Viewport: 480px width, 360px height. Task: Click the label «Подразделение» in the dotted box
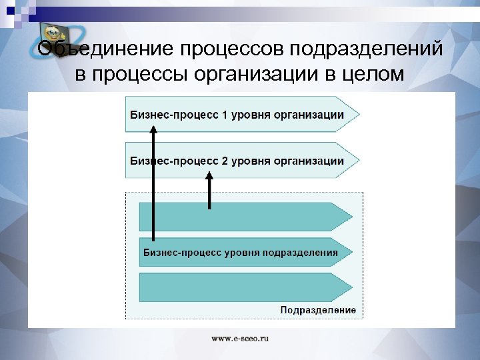click(x=318, y=310)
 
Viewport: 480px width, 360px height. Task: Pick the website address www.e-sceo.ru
click(x=240, y=339)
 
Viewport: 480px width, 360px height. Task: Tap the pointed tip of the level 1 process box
click(x=357, y=114)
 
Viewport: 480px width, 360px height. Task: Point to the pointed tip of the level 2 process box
click(x=357, y=161)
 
